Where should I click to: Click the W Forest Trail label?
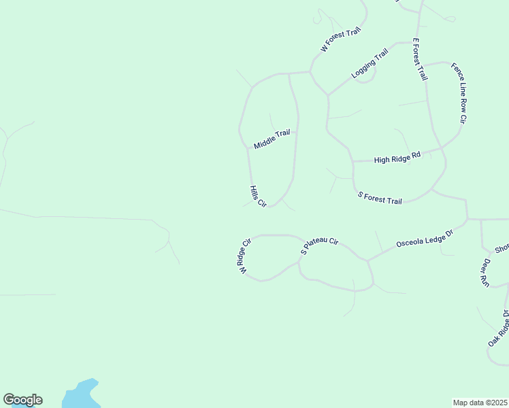(340, 40)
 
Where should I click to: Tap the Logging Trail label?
(370, 63)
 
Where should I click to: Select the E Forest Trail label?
(419, 59)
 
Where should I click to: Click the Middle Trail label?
(272, 139)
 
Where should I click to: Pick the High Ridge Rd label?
(397, 158)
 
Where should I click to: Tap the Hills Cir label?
(257, 197)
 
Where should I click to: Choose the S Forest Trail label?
(380, 198)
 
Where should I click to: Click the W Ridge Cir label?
(245, 256)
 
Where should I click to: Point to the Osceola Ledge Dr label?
(425, 240)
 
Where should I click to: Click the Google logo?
(22, 400)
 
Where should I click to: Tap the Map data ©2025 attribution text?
(480, 402)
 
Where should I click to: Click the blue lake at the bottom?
(80, 395)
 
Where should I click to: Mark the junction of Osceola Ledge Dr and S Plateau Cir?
(367, 260)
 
